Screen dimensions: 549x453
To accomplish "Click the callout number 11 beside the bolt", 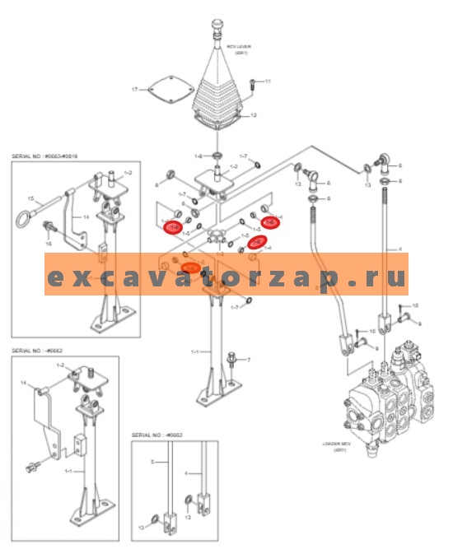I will [x=267, y=81].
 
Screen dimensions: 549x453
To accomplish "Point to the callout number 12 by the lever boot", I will [x=254, y=115].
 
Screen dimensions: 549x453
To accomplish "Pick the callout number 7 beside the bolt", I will [x=249, y=361].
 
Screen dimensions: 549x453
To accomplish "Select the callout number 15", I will [x=30, y=198].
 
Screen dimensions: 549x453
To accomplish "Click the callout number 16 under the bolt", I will [x=47, y=244].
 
